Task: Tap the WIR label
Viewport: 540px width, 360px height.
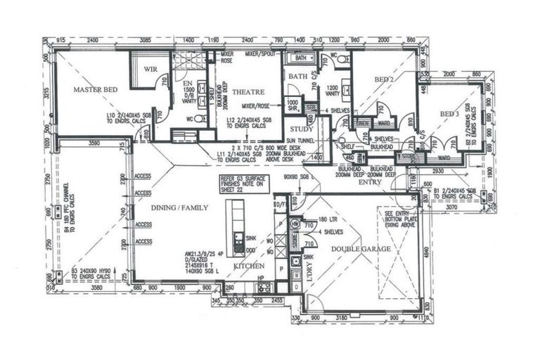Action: [150, 70]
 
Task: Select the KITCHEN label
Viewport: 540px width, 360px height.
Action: [249, 266]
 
